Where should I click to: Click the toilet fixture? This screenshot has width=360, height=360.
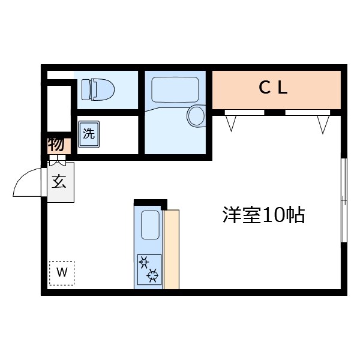coord(97,90)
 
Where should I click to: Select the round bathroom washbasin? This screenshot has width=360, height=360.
coord(196,115)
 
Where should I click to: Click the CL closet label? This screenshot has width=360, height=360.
coord(274,88)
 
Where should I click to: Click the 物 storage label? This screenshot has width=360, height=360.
coord(56,145)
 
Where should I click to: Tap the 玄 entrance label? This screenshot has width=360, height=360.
coord(59,182)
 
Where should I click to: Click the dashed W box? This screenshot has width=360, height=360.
coord(61,272)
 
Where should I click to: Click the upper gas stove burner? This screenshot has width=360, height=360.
coord(145,261)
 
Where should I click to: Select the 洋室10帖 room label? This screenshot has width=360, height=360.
coord(263,215)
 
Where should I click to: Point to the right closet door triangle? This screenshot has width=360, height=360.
coord(323,124)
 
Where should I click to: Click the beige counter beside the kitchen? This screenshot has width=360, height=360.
coord(171,249)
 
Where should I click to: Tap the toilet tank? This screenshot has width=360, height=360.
coord(84,90)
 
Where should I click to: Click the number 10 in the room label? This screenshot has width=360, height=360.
coord(271,215)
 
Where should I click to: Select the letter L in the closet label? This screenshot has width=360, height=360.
coord(283,88)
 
